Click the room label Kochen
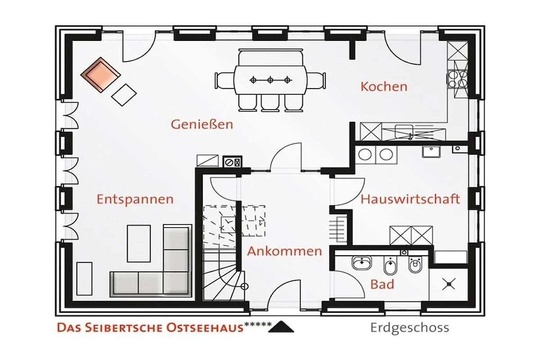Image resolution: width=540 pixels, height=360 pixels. click(x=384, y=87)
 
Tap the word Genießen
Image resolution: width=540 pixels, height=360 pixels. click(x=202, y=124)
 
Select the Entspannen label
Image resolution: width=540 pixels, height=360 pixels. click(x=135, y=200)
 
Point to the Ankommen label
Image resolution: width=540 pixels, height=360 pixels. click(x=284, y=251)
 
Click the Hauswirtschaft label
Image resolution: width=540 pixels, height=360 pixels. click(x=410, y=199)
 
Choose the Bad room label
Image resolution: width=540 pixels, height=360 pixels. click(x=382, y=284)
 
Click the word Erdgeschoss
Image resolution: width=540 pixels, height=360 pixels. click(x=409, y=328)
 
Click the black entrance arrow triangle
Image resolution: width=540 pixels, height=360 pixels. click(x=281, y=327)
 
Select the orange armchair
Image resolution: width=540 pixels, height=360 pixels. click(x=100, y=75)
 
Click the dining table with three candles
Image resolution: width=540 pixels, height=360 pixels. click(x=270, y=80)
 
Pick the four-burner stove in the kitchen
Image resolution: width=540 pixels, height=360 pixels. click(x=458, y=78)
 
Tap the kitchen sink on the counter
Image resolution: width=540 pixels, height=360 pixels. click(x=404, y=132)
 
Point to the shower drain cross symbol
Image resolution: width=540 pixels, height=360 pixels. click(x=449, y=284)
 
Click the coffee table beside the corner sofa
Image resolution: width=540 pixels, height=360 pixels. click(x=139, y=243)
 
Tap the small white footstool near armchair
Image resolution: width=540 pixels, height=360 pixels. click(x=124, y=95)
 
